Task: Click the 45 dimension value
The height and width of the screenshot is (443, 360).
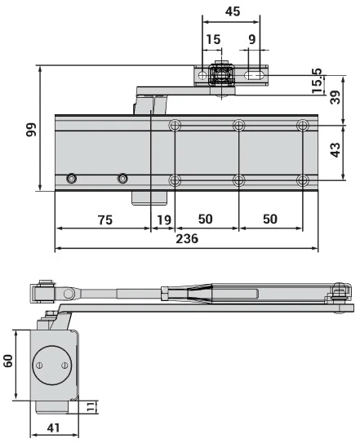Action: (231, 12)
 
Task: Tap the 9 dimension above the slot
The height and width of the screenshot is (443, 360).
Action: (251, 38)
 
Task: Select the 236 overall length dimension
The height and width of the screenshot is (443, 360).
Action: (186, 238)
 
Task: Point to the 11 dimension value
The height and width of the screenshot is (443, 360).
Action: (92, 406)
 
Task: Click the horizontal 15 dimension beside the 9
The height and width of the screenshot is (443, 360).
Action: (212, 38)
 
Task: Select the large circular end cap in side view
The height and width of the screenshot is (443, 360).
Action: (51, 365)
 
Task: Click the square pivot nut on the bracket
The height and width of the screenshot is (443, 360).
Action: (220, 75)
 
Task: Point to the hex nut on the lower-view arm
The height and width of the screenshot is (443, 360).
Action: (166, 292)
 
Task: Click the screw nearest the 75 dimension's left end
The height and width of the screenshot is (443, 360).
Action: (73, 179)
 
